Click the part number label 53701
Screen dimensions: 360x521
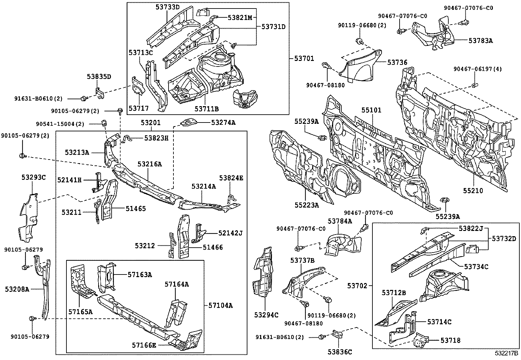pyautogui.click(x=304, y=59)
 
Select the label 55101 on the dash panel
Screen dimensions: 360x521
pyautogui.click(x=371, y=110)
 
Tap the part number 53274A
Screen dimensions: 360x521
pyautogui.click(x=223, y=123)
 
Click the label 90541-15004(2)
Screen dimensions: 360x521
pyautogui.click(x=60, y=124)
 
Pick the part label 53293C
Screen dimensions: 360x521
pyautogui.click(x=34, y=178)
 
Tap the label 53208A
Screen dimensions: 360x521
pyautogui.click(x=17, y=289)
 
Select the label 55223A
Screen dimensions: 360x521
pyautogui.click(x=306, y=205)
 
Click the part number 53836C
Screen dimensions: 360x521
pyautogui.click(x=340, y=352)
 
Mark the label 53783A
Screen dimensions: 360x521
pyautogui.click(x=480, y=41)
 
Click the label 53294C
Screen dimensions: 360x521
pyautogui.click(x=266, y=315)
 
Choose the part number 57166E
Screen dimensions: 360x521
pyautogui.click(x=144, y=345)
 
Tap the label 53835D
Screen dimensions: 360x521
pyautogui.click(x=99, y=77)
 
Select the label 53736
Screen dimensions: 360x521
pyautogui.click(x=397, y=62)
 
